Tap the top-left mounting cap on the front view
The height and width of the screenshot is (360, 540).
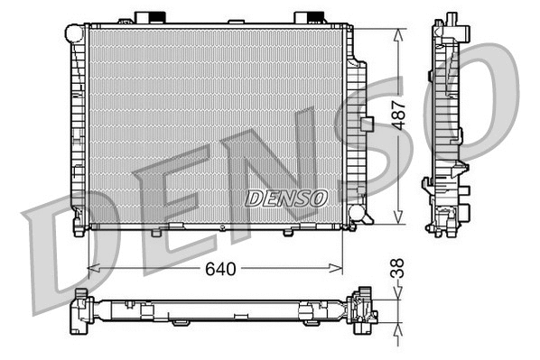[x=150, y=18]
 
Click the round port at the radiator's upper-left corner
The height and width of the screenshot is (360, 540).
[x=75, y=33]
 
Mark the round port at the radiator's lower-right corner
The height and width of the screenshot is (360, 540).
[x=358, y=215]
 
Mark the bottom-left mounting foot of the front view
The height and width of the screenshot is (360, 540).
[x=79, y=229]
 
